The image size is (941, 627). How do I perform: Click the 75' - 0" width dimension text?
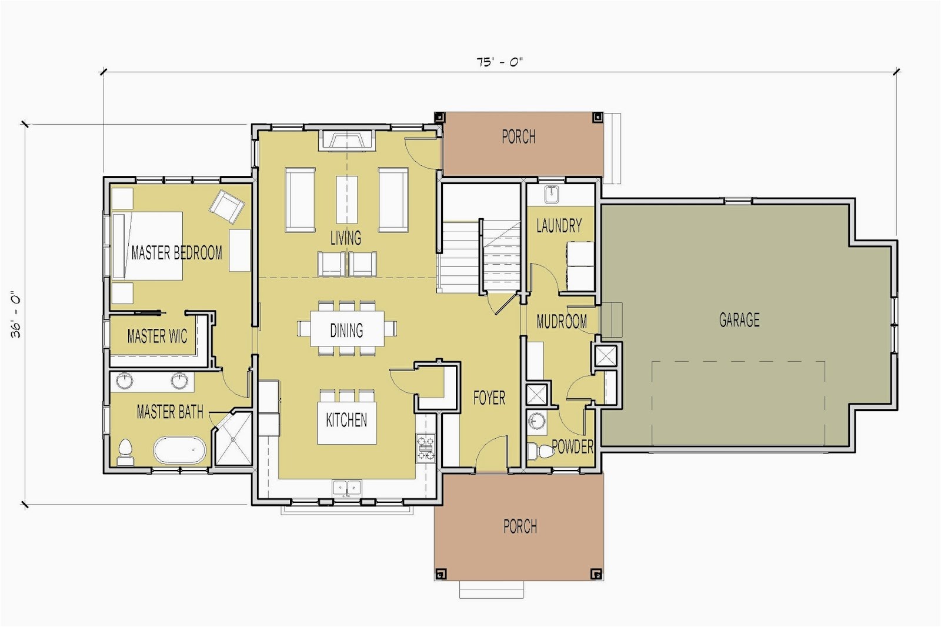499,62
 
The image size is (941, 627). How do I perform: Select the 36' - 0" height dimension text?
16,314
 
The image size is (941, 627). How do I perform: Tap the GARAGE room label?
739,320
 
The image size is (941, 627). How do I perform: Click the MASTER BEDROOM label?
176,252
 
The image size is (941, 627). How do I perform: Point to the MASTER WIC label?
157,336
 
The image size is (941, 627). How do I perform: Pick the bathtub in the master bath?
180,450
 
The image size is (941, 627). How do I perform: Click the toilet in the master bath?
125,452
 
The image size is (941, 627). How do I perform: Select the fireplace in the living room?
346,141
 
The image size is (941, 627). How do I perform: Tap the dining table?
347,328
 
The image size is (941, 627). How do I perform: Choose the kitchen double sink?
347,488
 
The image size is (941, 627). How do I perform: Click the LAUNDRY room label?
559,226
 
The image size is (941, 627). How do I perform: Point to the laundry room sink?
552,195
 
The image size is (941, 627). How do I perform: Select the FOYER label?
489,398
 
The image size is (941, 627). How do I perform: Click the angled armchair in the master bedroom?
227,206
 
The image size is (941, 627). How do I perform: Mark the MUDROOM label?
562,322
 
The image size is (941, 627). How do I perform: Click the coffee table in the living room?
347,199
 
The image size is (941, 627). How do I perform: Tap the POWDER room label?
573,446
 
